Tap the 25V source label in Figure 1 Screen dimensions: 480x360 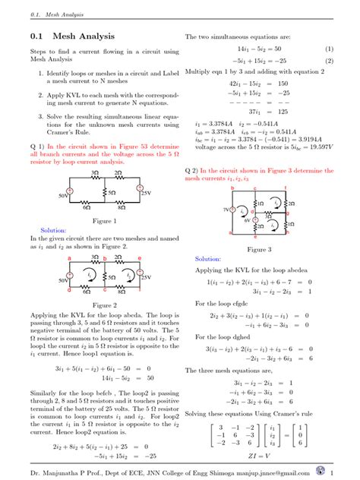pyautogui.click(x=146, y=194)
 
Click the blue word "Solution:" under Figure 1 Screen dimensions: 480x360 pyautogui.click(x=33, y=229)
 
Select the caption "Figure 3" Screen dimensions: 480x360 pyautogui.click(x=259, y=249)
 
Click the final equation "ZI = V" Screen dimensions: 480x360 pyautogui.click(x=259, y=457)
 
